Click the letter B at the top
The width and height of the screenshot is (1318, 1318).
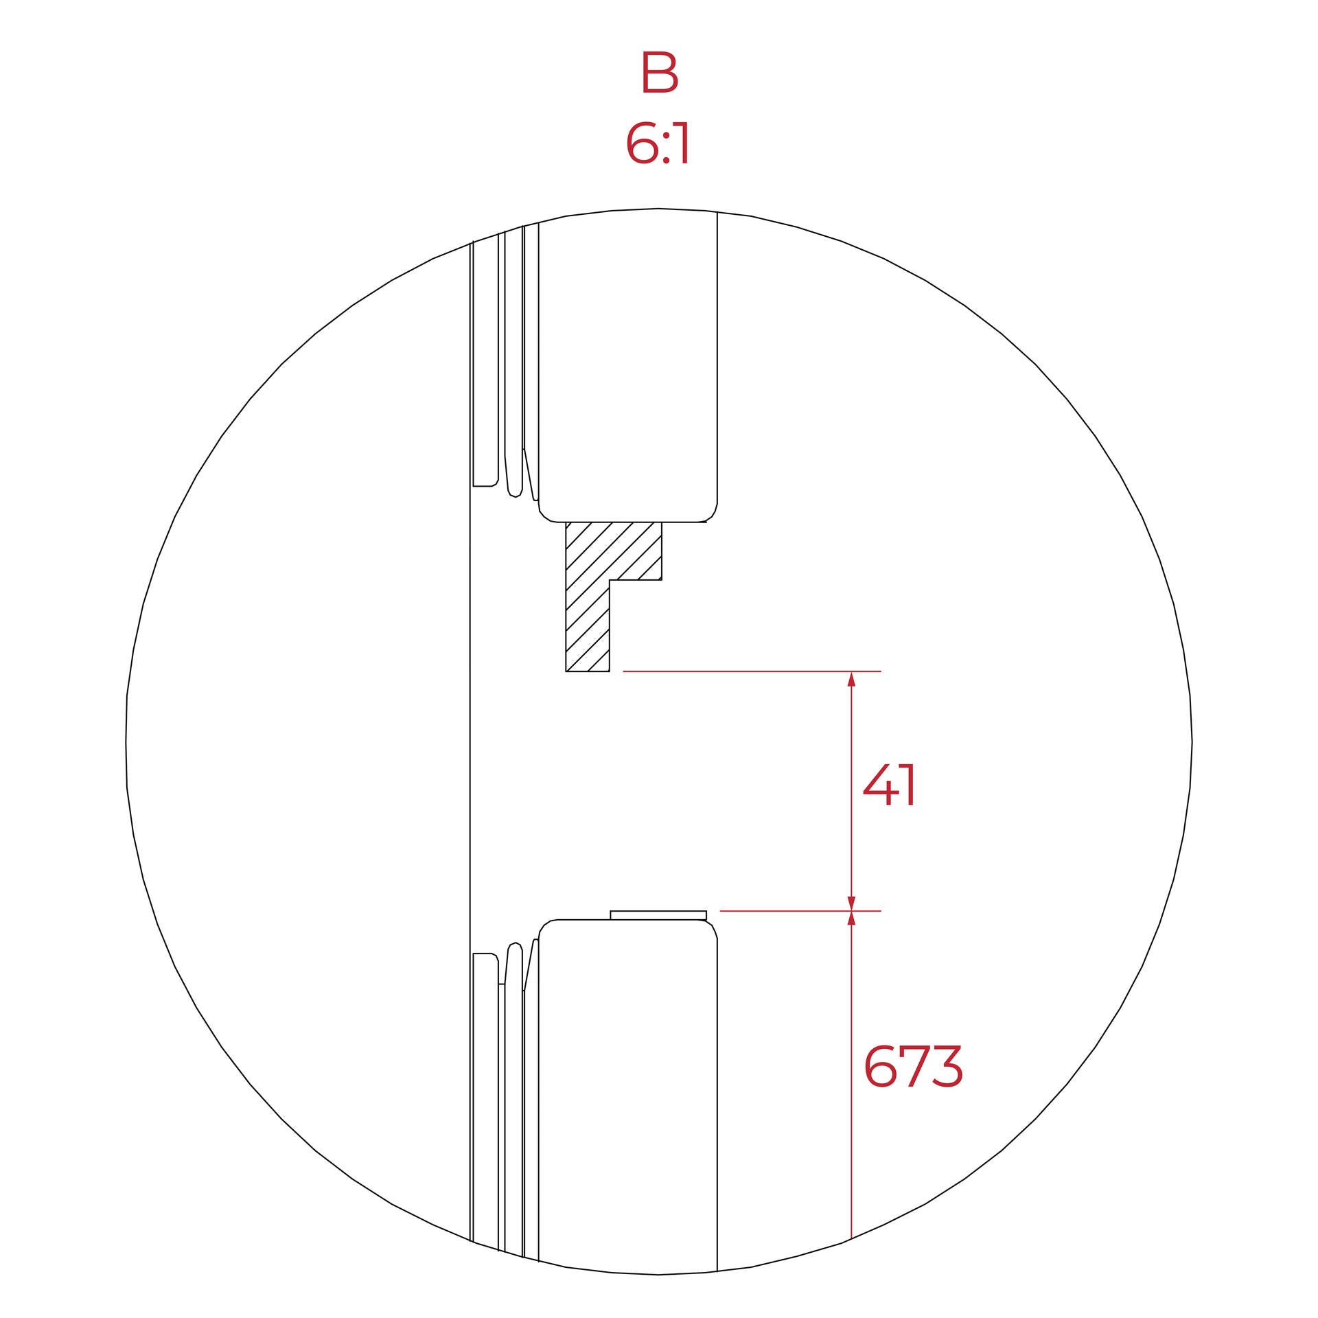659,72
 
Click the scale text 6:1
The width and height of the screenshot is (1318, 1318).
658,145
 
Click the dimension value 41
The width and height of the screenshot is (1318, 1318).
890,786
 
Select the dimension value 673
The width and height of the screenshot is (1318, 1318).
913,1067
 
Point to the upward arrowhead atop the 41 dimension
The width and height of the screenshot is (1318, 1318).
851,680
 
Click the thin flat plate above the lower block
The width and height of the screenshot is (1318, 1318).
658,915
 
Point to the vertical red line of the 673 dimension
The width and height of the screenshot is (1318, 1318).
851,1085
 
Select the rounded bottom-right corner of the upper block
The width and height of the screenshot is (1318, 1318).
711,515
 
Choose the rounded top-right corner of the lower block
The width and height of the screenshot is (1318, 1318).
711,928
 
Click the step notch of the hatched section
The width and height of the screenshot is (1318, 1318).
611,581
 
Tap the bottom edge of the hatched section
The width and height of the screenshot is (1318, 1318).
588,671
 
